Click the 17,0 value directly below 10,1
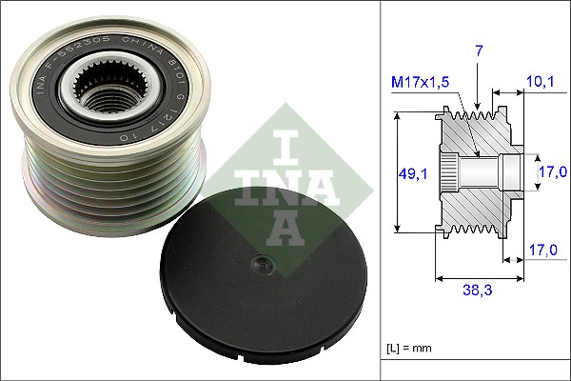click(x=554, y=171)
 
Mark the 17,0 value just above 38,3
click(x=541, y=251)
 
